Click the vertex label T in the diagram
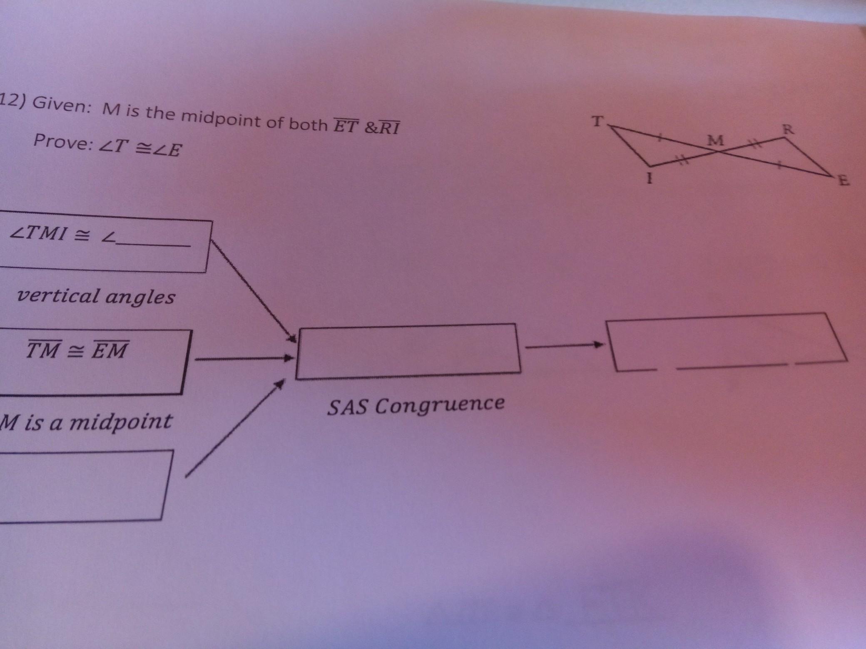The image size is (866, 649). (597, 121)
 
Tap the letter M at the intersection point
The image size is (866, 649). (716, 141)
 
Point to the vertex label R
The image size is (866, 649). (786, 130)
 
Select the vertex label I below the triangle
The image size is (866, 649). (649, 179)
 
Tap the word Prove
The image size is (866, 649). (62, 142)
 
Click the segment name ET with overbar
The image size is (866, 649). (346, 126)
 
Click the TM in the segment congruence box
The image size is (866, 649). (44, 350)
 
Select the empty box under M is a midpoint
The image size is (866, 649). (83, 485)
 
